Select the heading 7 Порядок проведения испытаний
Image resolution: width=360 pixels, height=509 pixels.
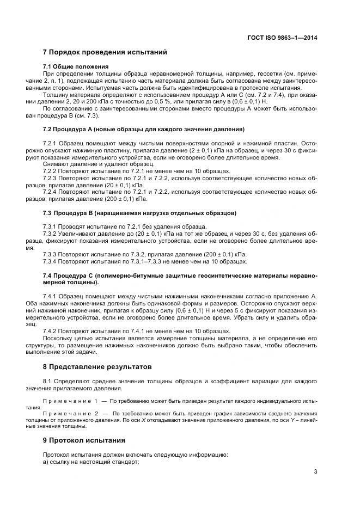[105, 52]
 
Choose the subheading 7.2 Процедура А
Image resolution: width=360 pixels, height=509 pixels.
[143, 128]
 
